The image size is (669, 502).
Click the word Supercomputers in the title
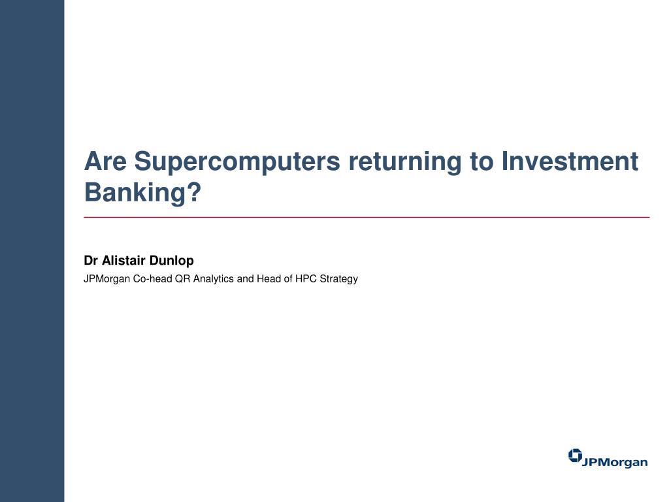pyautogui.click(x=237, y=162)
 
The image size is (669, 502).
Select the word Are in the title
pyautogui.click(x=105, y=161)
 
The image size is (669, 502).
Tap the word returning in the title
pyautogui.click(x=405, y=162)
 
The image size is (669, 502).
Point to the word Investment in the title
pyautogui.click(x=570, y=161)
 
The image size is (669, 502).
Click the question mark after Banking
pyautogui.click(x=194, y=192)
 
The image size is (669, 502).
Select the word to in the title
pyautogui.click(x=481, y=162)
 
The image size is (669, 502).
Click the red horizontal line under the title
pyautogui.click(x=367, y=217)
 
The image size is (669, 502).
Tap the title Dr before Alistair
pyautogui.click(x=91, y=260)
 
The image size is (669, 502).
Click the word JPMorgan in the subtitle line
pyautogui.click(x=106, y=279)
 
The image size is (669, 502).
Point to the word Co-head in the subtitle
pyautogui.click(x=152, y=278)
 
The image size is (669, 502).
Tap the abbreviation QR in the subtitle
pyautogui.click(x=183, y=278)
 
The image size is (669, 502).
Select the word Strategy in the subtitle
pyautogui.click(x=339, y=279)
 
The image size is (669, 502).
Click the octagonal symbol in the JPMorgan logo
pyautogui.click(x=575, y=456)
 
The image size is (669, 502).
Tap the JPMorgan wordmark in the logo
pyautogui.click(x=615, y=462)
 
